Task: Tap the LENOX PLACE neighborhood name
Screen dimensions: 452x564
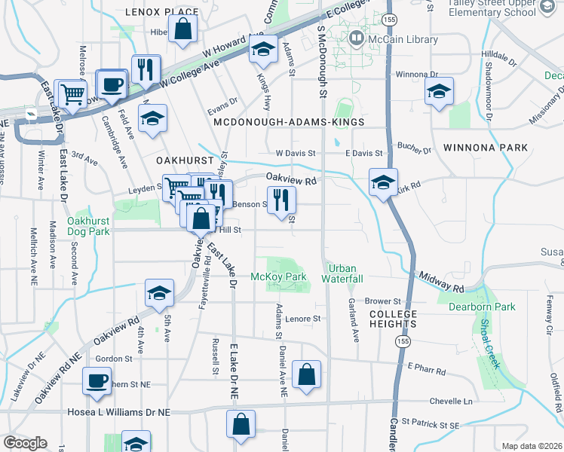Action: click(x=161, y=12)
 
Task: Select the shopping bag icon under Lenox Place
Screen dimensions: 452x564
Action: click(x=182, y=31)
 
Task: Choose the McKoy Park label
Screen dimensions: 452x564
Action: click(x=278, y=277)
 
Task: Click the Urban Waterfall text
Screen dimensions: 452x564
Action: click(x=344, y=273)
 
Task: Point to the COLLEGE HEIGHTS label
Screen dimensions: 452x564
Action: click(x=393, y=319)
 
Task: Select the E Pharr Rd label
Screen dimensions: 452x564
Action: click(x=427, y=368)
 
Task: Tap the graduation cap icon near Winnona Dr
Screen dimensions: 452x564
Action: click(x=439, y=92)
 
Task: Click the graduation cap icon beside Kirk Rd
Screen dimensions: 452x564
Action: click(x=383, y=183)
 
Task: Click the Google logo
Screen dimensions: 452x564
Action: click(x=24, y=443)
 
